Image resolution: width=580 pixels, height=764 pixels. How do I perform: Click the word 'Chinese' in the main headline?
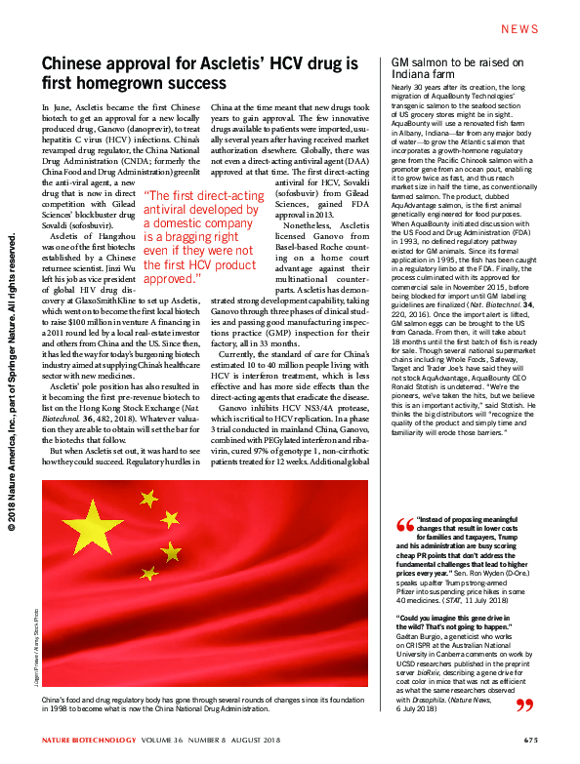pos(73,64)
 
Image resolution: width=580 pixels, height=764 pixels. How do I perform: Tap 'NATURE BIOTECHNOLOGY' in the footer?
pos(83,742)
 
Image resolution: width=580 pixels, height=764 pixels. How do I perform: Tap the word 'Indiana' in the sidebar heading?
pos(406,74)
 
